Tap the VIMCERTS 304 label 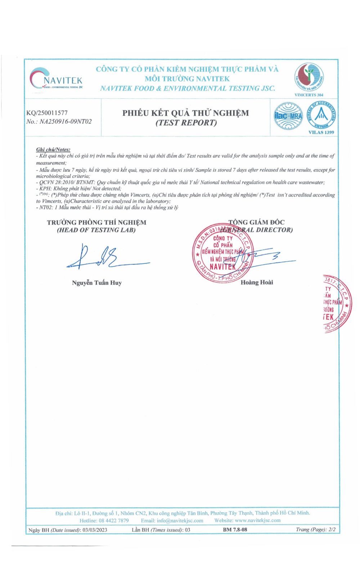point(309,95)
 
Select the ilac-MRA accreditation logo point(288,116)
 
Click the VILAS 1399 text point(321,132)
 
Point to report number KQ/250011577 point(47,113)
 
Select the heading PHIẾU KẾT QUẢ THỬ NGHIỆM point(185,113)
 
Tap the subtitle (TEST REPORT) point(186,123)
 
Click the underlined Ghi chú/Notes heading point(53,149)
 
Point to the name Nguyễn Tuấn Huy point(97,283)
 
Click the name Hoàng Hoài point(257,282)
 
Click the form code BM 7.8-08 point(235,530)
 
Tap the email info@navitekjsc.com point(180,521)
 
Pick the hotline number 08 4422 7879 point(113,521)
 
